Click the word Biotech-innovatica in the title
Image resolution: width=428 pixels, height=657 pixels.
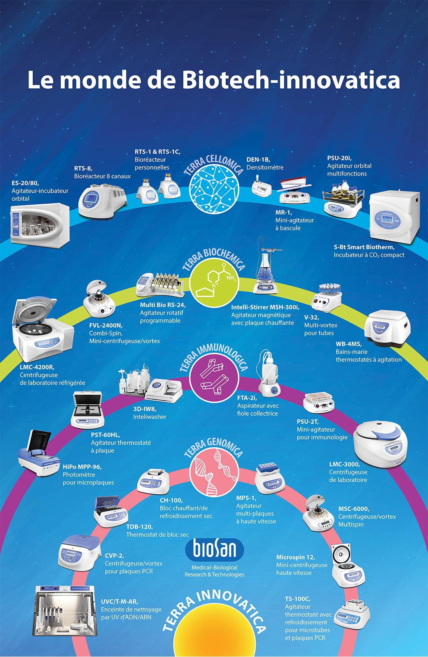pos(291,80)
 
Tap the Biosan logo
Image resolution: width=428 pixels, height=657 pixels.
pos(215,549)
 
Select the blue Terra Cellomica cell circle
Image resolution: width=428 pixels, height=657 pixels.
pos(214,189)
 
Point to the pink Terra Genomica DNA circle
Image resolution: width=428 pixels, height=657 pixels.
pos(214,471)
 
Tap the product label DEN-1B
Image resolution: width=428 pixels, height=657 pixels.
pos(258,160)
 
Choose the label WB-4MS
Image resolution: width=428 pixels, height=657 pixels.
pos(349,344)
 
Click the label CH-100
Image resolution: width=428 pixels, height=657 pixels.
pos(171,501)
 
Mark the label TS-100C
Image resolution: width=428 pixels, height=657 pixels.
pos(297,599)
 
